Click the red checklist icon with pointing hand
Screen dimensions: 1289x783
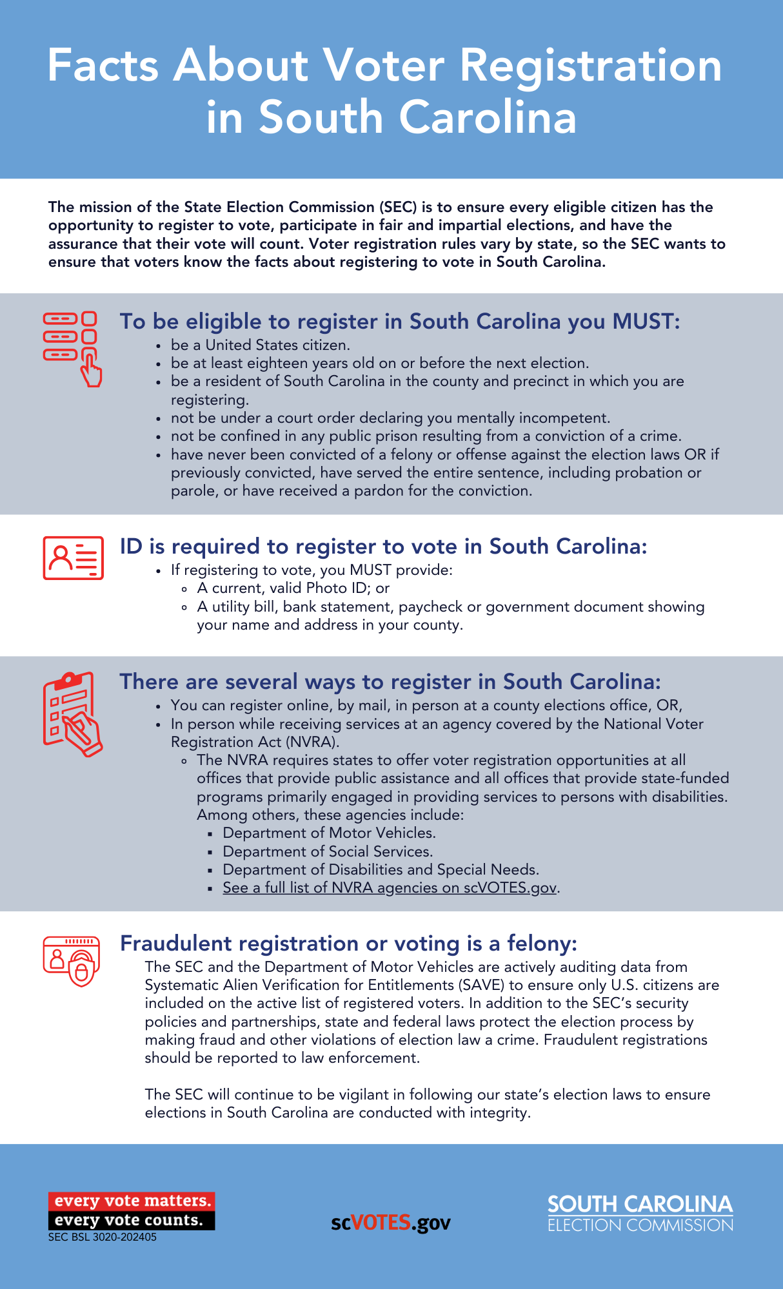(72, 349)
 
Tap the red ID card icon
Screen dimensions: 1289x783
(73, 557)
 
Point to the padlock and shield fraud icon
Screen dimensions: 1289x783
(72, 961)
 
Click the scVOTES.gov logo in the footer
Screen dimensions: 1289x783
(391, 1223)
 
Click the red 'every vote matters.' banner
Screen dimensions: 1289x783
(132, 1201)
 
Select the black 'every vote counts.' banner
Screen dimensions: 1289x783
(132, 1220)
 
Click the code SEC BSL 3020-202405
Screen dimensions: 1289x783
(103, 1237)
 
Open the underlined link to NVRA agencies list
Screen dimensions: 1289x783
(390, 887)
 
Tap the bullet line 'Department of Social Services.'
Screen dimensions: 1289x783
(328, 851)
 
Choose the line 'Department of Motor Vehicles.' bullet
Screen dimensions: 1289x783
(329, 833)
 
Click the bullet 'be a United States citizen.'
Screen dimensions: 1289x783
(261, 345)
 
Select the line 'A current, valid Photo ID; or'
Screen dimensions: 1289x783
(293, 588)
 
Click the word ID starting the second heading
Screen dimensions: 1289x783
(131, 547)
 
